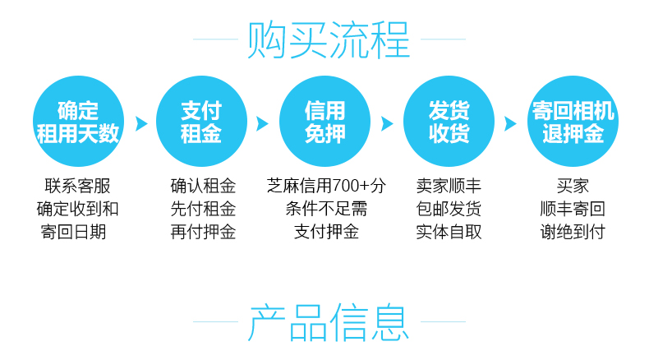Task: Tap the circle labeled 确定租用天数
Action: pos(78,122)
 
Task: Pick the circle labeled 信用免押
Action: pos(325,122)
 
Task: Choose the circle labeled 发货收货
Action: pos(449,122)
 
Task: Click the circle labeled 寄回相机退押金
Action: pos(573,122)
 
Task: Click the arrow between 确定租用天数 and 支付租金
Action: pos(140,123)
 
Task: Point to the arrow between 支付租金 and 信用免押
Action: pos(263,123)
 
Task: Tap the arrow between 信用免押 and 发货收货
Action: pos(387,123)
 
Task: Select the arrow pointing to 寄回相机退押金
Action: pos(510,123)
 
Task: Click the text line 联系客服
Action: pos(78,186)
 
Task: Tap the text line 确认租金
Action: pos(202,186)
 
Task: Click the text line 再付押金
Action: pos(202,232)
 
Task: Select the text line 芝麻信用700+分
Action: pos(326,186)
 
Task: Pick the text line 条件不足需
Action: pos(326,209)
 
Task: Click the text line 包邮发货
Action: pos(449,209)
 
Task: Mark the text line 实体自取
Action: pos(449,232)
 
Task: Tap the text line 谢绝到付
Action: pos(573,232)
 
